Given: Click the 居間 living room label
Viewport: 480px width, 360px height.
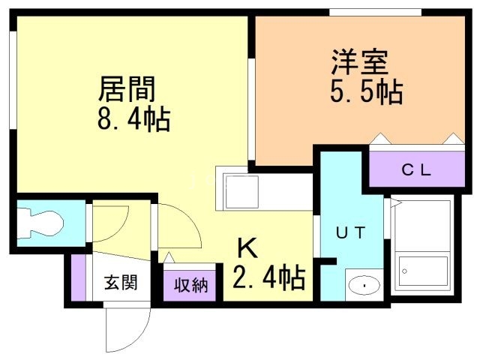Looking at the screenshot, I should click(x=127, y=89).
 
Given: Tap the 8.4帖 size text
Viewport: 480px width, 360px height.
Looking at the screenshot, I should click(x=134, y=119).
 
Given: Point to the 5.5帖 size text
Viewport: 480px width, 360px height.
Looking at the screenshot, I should click(x=365, y=91).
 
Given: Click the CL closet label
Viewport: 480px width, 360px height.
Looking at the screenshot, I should click(x=415, y=169).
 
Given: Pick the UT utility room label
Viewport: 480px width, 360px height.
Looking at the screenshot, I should click(x=349, y=232).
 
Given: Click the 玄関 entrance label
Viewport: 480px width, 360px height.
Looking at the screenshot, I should click(x=120, y=283).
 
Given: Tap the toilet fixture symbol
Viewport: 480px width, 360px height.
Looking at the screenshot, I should click(x=43, y=222).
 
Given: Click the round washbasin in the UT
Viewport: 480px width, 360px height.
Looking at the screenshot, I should click(x=364, y=286).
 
